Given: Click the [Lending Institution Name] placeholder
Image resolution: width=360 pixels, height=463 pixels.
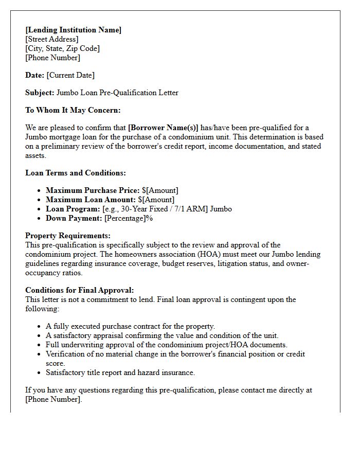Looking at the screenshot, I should [x=73, y=30].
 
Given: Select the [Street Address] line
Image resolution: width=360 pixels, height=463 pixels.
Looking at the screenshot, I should [x=52, y=39].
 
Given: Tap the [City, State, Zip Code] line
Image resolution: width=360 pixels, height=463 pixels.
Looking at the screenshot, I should [x=62, y=48].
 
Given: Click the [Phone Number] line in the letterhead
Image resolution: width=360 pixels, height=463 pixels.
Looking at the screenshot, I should [x=52, y=58].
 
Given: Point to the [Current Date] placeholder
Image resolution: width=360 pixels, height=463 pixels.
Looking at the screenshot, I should [x=70, y=75].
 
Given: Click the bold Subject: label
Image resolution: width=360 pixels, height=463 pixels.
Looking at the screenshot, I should [x=40, y=93].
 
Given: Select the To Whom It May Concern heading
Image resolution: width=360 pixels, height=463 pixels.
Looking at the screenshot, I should [x=73, y=110].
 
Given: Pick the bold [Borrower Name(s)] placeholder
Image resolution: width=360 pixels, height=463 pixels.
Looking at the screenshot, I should [x=163, y=128].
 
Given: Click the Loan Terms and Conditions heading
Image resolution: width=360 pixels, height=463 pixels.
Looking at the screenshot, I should [x=76, y=173].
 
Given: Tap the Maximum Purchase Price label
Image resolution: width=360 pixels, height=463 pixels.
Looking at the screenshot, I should [x=93, y=190].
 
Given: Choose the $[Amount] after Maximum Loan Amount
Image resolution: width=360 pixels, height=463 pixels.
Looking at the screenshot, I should [x=156, y=200].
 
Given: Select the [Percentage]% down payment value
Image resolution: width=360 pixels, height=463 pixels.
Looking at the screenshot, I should [x=129, y=218].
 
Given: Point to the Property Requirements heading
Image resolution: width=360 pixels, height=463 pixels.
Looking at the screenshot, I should [x=67, y=236].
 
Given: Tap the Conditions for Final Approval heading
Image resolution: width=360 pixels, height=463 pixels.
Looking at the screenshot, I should [x=79, y=290].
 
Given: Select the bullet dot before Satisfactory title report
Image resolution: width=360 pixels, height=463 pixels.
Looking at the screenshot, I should [x=40, y=372].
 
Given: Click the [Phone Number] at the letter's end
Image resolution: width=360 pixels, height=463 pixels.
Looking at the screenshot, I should [x=53, y=399].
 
